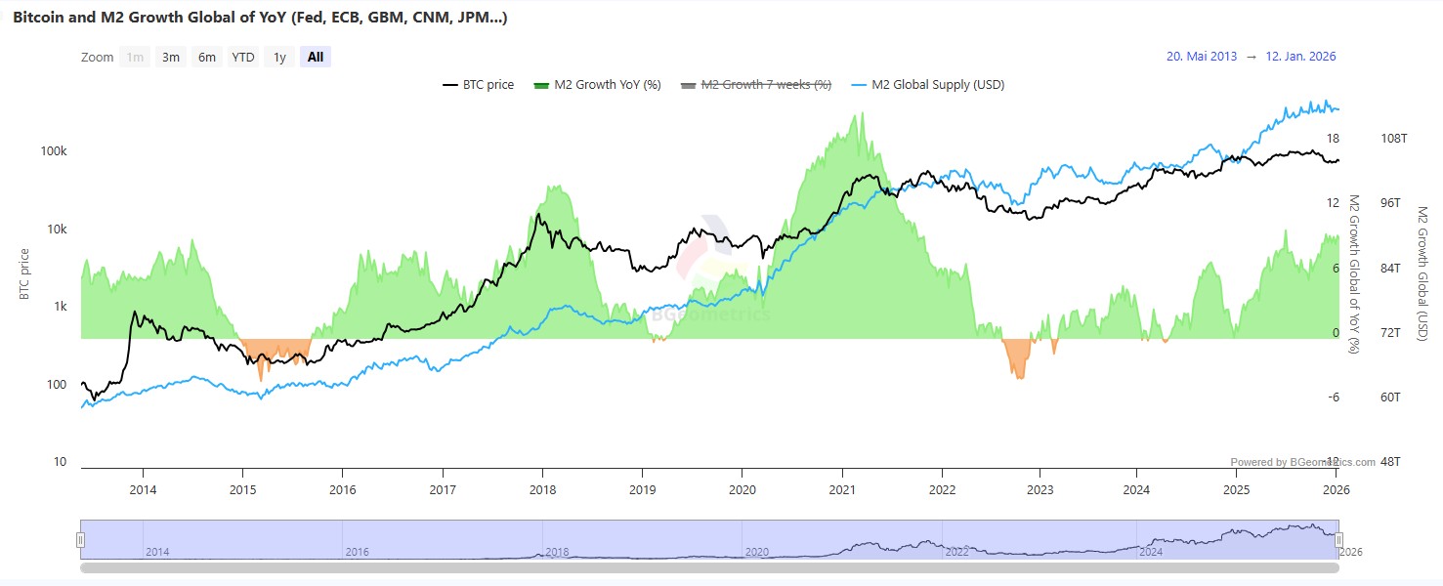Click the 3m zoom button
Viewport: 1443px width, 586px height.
coord(171,57)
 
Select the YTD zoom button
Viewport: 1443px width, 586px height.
coord(242,57)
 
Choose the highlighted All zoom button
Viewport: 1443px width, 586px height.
coord(316,57)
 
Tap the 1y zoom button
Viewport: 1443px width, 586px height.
coord(279,57)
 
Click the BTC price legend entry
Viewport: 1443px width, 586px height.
coord(478,84)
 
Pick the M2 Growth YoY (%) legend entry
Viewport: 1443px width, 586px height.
coord(597,84)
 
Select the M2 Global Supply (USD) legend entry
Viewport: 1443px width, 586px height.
coord(928,84)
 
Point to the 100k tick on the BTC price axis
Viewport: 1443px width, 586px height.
coord(54,151)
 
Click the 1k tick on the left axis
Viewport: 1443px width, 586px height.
coord(60,307)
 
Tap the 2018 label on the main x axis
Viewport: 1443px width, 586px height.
coord(543,489)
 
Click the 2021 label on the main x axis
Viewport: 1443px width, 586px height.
coord(842,489)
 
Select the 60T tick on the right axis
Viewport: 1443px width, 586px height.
coord(1390,398)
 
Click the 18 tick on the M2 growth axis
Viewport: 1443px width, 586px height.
coord(1333,139)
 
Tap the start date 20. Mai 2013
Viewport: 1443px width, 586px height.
coord(1201,57)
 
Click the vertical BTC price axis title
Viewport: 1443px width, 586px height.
coord(25,273)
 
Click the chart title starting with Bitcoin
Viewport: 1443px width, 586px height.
coord(260,18)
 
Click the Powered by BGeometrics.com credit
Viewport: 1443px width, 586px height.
coord(1302,462)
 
